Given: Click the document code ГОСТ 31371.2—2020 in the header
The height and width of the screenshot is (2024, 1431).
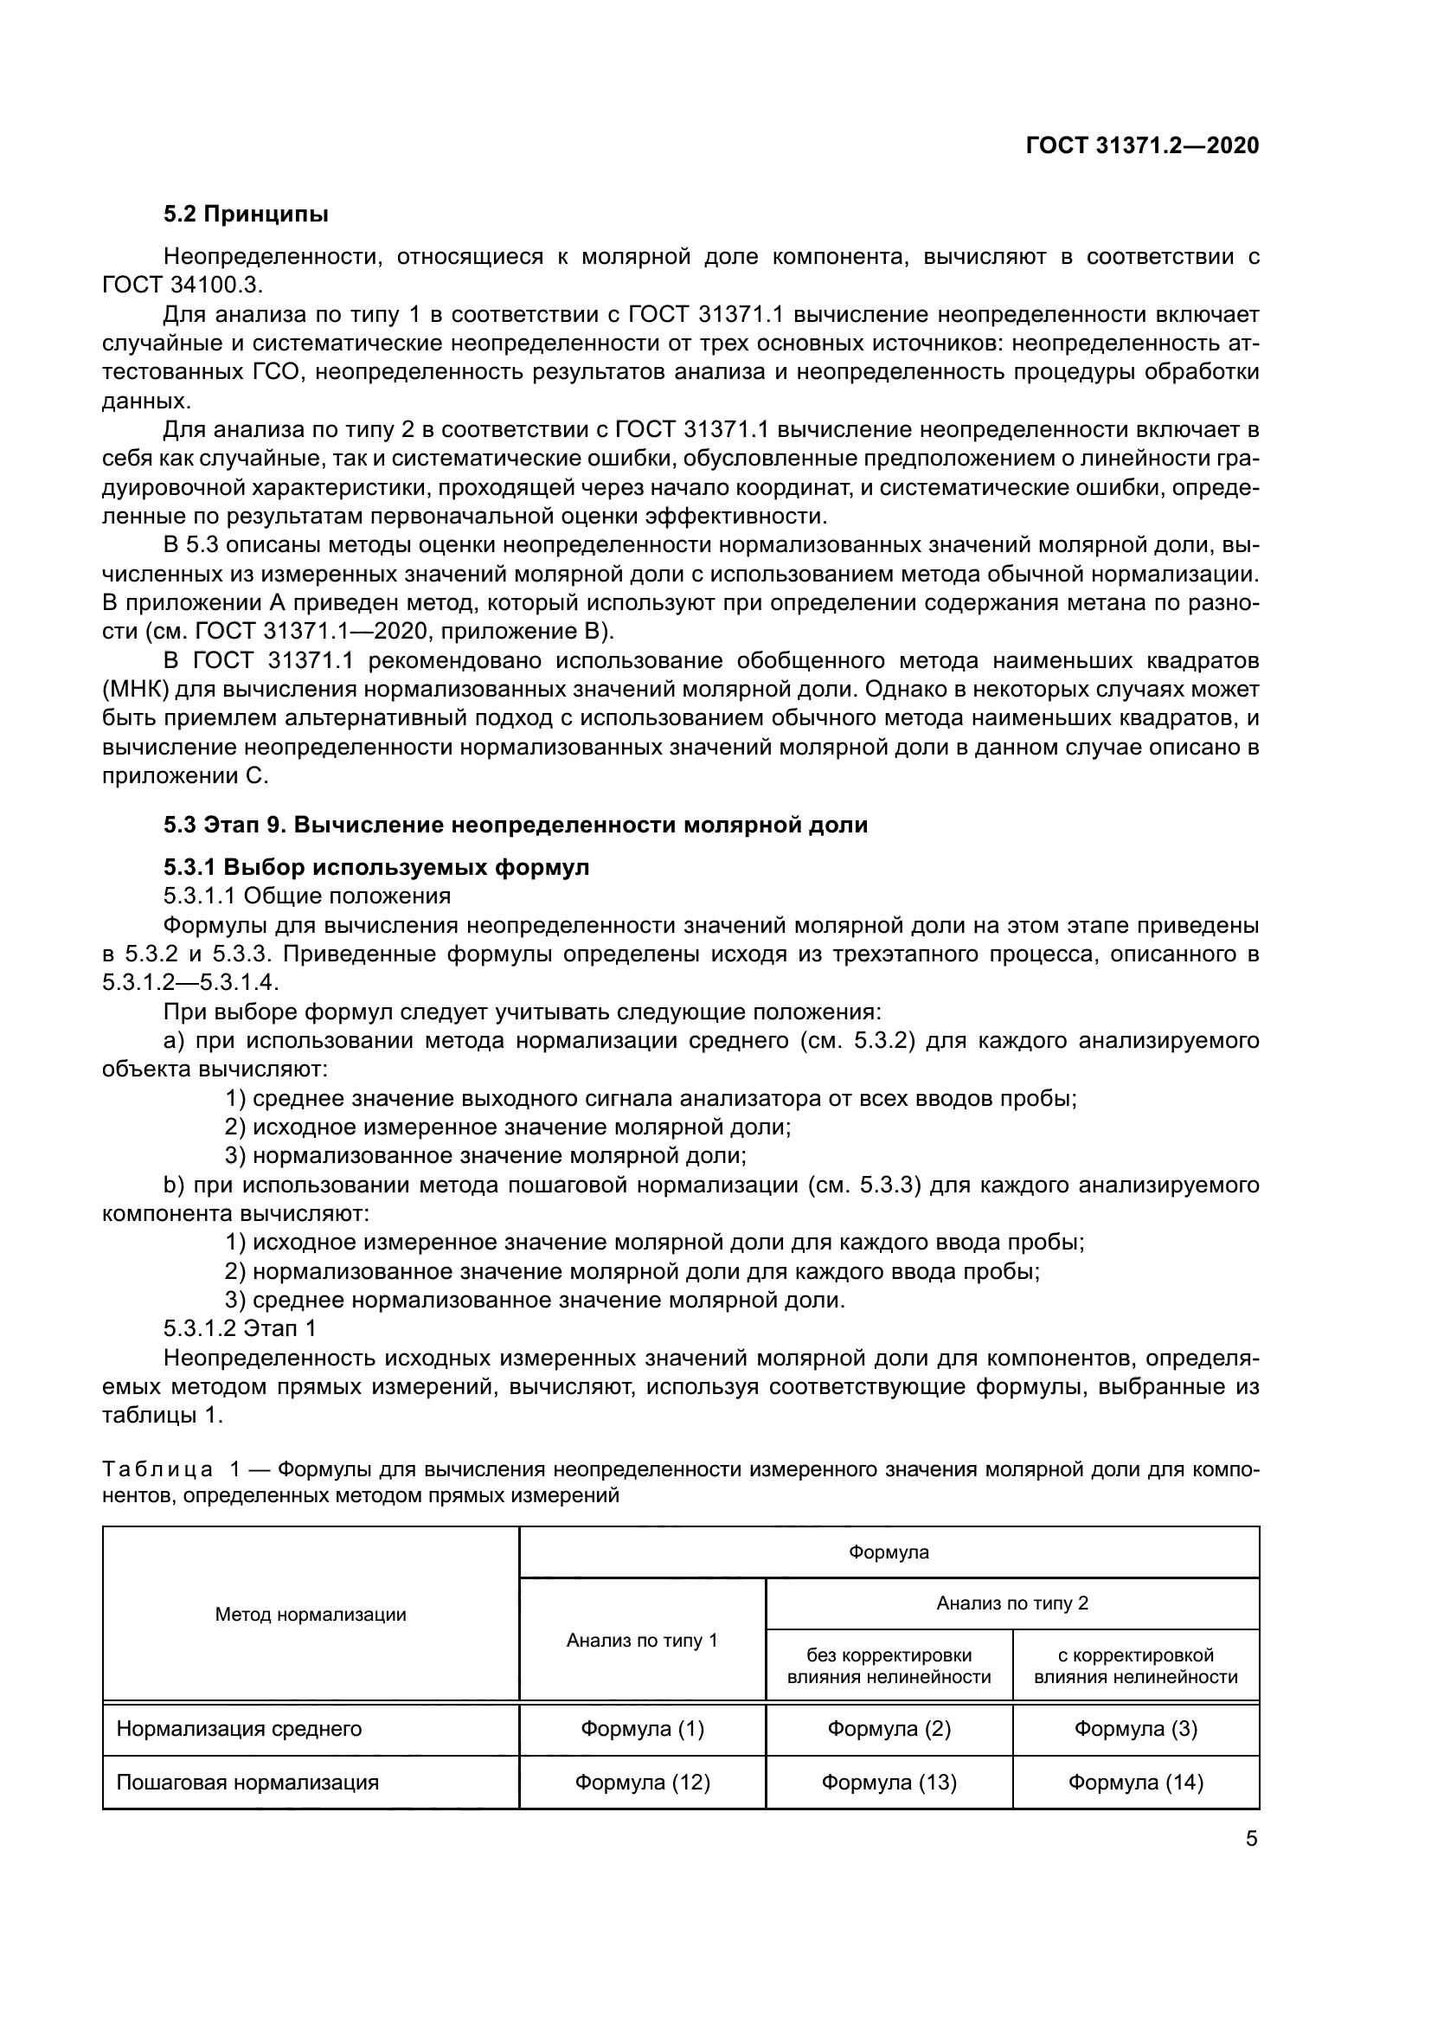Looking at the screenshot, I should (1142, 146).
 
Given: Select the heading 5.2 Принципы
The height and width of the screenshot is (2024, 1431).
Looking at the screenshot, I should (246, 215).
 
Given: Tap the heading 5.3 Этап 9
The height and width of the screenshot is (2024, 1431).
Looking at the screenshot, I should (515, 826).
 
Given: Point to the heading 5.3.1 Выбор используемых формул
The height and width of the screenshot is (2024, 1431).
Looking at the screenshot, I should (376, 867).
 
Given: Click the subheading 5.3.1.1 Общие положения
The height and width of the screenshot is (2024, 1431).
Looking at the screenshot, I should (306, 896).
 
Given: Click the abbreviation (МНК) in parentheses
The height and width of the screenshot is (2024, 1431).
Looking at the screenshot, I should (135, 690).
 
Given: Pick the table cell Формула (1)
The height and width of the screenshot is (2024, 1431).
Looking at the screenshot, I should (641, 1729).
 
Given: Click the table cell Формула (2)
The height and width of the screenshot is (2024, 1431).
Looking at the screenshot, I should (889, 1729).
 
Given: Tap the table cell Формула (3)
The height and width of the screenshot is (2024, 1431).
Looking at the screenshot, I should (1135, 1729).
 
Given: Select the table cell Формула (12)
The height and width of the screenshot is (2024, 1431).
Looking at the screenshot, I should (641, 1783).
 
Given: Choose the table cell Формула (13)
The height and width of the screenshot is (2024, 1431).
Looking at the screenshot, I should (889, 1783).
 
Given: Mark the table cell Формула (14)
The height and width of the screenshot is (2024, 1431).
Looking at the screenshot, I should (1135, 1783).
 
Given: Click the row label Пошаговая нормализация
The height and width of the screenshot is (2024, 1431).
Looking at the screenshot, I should (247, 1783).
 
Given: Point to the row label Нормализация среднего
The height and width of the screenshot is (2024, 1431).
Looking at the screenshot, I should (239, 1729).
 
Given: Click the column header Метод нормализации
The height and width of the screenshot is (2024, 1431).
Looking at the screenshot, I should (311, 1615).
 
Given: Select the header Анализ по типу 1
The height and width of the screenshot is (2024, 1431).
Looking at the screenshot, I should (641, 1641).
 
